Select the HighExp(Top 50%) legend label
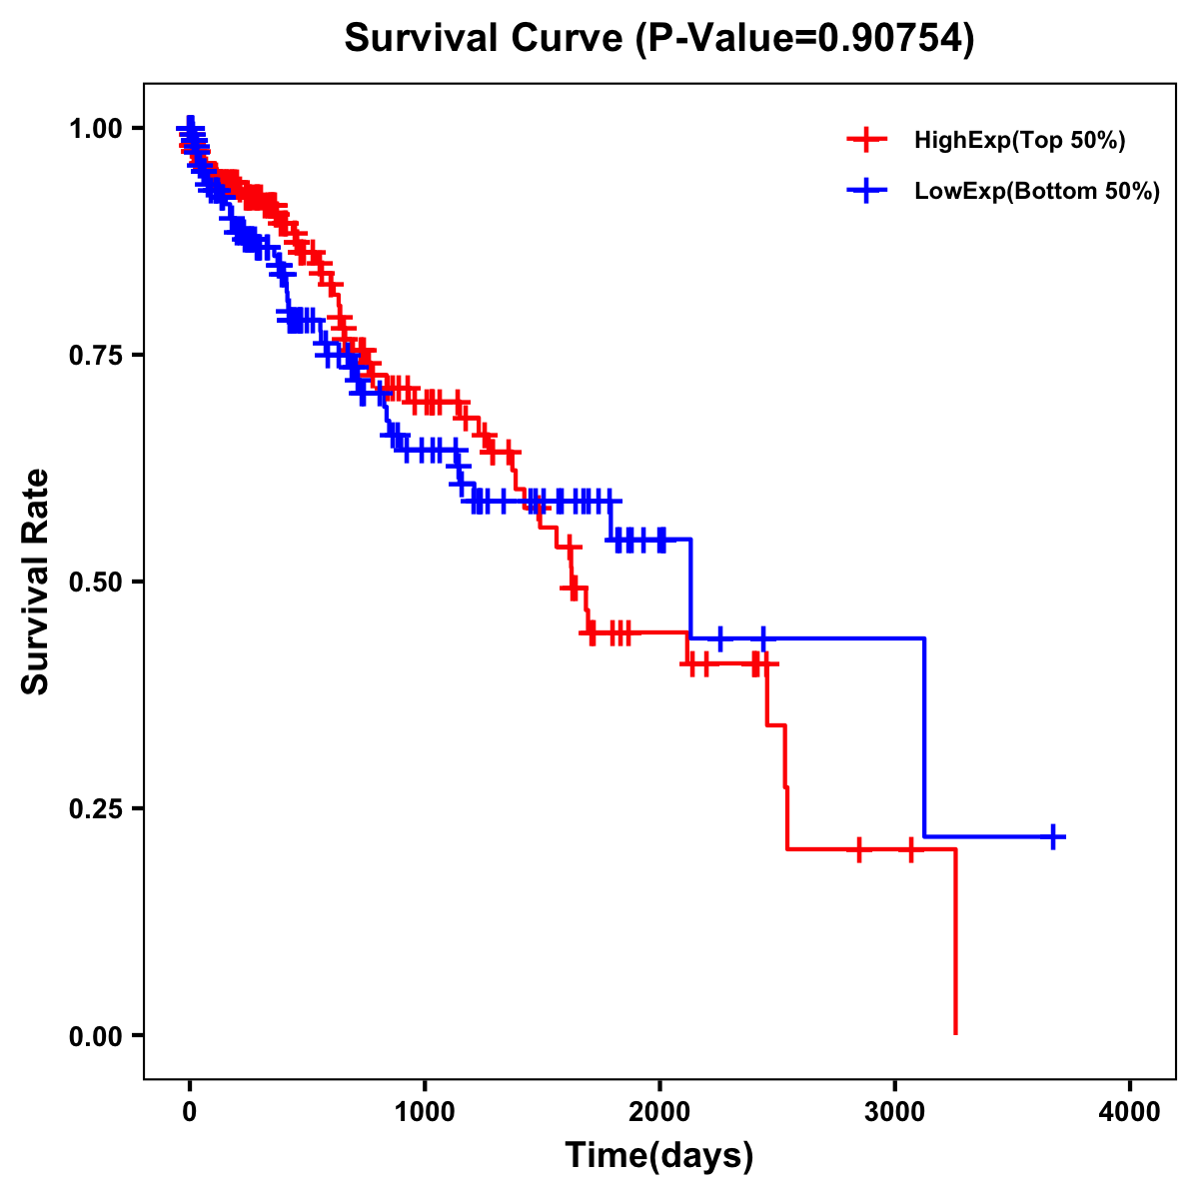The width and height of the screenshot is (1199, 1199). (1020, 141)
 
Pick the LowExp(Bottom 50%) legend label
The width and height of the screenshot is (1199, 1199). (1037, 192)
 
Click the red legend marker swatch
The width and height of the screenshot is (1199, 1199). (866, 141)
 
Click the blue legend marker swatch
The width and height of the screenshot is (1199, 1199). (866, 191)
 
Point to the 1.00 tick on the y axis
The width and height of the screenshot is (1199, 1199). (95, 128)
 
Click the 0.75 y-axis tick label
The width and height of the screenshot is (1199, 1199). (95, 355)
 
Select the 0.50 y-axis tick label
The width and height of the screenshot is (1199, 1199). (95, 582)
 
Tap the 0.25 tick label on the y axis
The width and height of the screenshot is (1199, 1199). (95, 808)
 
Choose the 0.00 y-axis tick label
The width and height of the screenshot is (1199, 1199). (95, 1035)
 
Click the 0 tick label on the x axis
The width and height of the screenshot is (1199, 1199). (190, 1111)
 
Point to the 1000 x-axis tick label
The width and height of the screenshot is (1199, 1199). (425, 1111)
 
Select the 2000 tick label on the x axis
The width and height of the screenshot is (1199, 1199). (659, 1111)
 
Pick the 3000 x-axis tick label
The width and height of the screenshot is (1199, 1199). (895, 1111)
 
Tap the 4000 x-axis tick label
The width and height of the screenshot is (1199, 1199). (1130, 1111)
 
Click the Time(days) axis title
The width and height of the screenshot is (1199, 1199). (659, 1156)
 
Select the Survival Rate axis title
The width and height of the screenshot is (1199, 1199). (36, 582)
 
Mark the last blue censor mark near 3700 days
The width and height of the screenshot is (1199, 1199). (1053, 836)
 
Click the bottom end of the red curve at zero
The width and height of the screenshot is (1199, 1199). (956, 1032)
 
